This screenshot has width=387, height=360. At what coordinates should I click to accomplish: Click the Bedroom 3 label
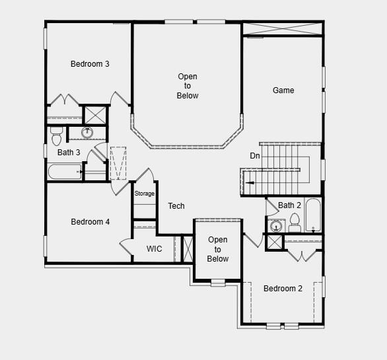click(90, 64)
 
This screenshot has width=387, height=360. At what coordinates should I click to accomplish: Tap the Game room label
click(283, 90)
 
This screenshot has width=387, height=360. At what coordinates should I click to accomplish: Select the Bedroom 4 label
click(90, 222)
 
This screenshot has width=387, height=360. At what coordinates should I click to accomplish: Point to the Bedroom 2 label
click(283, 289)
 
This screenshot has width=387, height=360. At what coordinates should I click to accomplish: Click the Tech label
click(176, 206)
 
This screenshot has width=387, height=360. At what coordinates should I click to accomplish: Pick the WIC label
click(154, 249)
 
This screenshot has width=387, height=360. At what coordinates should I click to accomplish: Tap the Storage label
click(145, 194)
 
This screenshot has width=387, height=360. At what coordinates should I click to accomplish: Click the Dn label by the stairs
click(255, 156)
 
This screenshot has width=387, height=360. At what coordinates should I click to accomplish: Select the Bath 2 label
click(289, 205)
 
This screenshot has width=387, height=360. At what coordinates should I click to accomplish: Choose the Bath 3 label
click(69, 153)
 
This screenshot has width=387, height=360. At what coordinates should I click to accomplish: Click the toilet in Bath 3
click(55, 137)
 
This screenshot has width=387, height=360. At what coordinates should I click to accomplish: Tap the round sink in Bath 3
click(87, 133)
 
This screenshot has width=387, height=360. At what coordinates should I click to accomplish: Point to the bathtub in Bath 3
click(65, 172)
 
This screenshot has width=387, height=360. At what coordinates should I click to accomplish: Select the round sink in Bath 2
click(276, 227)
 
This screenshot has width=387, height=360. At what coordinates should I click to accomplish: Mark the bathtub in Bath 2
click(313, 215)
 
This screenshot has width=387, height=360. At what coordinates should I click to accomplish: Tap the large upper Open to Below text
click(188, 87)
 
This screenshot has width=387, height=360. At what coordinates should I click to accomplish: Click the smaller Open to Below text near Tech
click(218, 249)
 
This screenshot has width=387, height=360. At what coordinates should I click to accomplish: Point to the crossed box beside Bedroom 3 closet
click(95, 114)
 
